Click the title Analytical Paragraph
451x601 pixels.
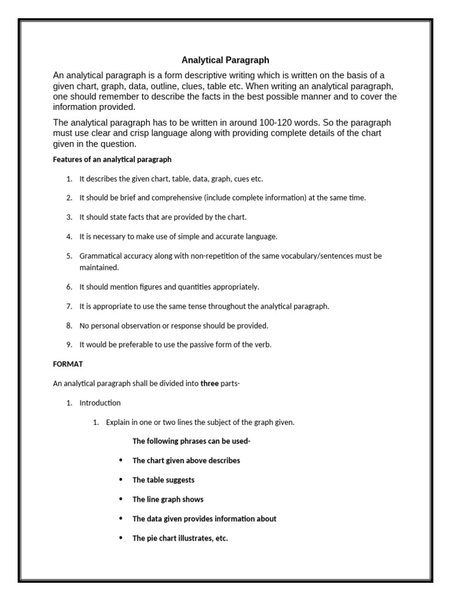225,60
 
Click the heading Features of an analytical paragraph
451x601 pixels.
112,160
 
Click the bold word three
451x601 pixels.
210,384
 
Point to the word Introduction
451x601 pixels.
100,403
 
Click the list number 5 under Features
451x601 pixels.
69,256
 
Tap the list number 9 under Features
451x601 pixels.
69,345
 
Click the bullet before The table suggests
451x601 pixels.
120,480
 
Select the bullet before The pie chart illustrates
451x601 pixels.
120,538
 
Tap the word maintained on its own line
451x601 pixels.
99,268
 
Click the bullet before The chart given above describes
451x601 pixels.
120,460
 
